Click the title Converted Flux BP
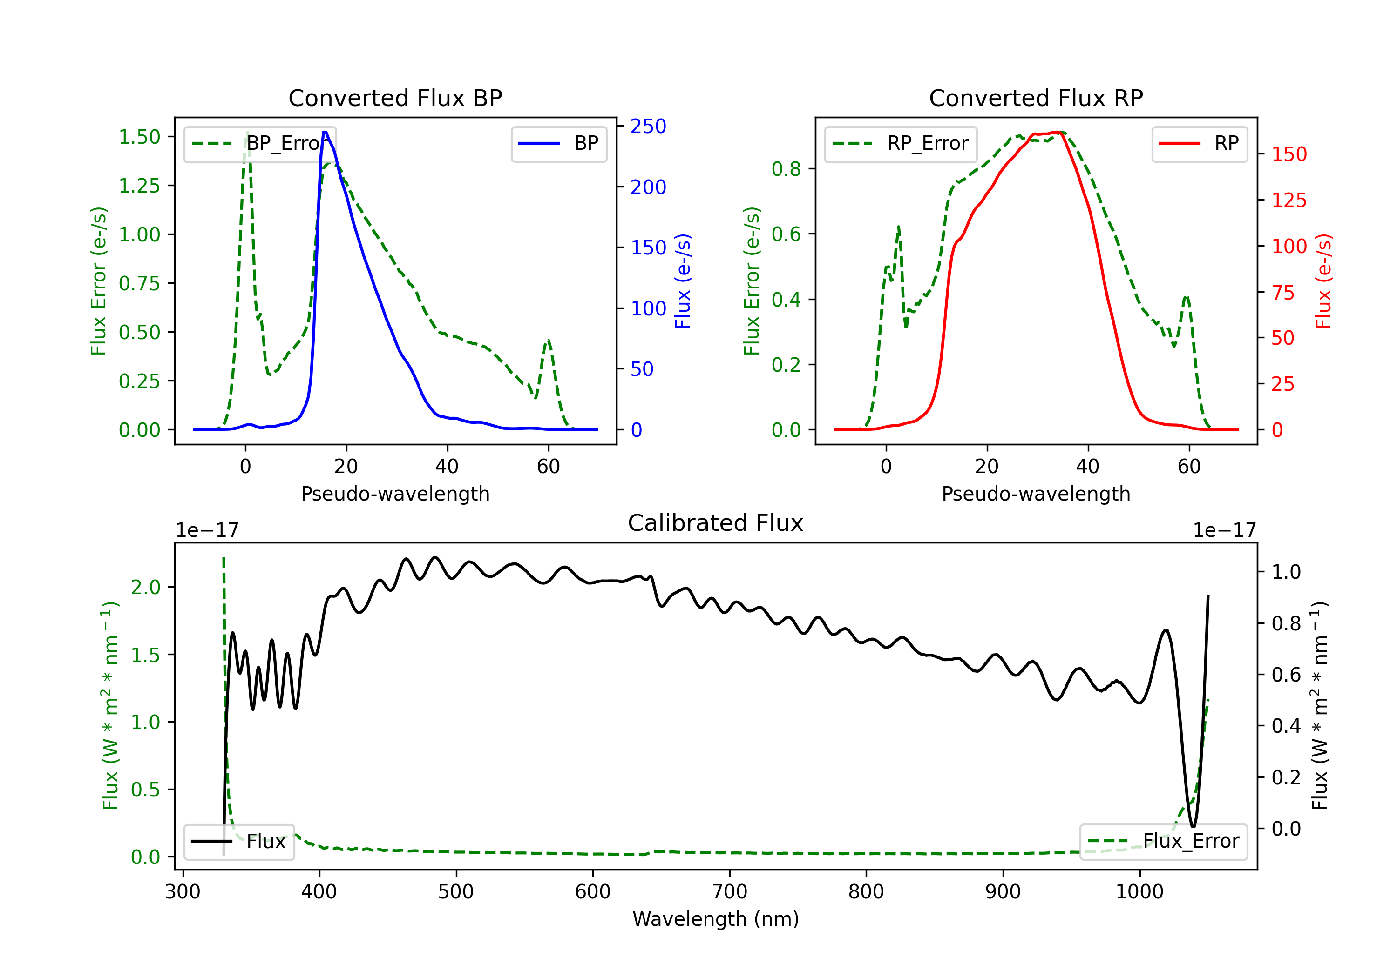pyautogui.click(x=395, y=98)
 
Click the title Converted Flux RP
pyautogui.click(x=1036, y=98)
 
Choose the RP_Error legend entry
pyautogui.click(x=901, y=143)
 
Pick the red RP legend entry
pyautogui.click(x=1199, y=143)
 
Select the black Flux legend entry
pyautogui.click(x=239, y=842)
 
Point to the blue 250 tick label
pyautogui.click(x=648, y=127)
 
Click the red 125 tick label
pyautogui.click(x=1288, y=200)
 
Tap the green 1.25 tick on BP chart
pyautogui.click(x=139, y=186)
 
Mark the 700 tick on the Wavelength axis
pyautogui.click(x=730, y=891)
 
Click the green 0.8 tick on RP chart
pyautogui.click(x=786, y=169)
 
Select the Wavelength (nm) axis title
pyautogui.click(x=716, y=919)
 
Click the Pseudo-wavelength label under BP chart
pyautogui.click(x=395, y=494)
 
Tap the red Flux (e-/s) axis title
pyautogui.click(x=1323, y=281)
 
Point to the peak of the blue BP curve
pyautogui.click(x=325, y=132)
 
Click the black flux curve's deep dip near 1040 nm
pyautogui.click(x=1193, y=826)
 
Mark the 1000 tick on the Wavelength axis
pyautogui.click(x=1139, y=891)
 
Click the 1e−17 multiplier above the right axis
pyautogui.click(x=1224, y=530)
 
